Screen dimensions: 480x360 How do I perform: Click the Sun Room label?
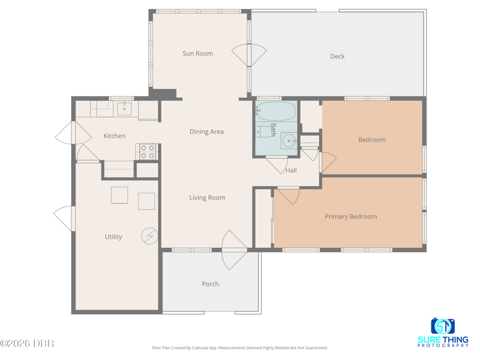(x=197, y=53)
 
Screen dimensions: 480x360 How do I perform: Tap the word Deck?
(x=337, y=56)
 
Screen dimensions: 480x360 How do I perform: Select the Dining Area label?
(x=206, y=131)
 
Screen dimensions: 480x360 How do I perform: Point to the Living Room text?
(x=207, y=198)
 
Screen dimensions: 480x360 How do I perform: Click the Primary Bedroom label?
(x=351, y=217)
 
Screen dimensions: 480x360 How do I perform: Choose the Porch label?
(x=211, y=284)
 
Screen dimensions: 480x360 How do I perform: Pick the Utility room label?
(x=113, y=236)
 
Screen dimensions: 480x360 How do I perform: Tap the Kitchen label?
(x=115, y=136)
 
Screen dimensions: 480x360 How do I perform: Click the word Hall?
(x=291, y=170)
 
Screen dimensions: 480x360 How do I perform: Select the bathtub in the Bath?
(x=276, y=111)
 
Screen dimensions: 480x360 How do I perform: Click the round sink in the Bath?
(x=289, y=141)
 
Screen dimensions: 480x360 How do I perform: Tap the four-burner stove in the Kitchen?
(x=148, y=152)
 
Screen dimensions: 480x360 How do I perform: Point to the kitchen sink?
(x=125, y=109)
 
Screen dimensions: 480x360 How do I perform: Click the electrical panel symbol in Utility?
(x=149, y=236)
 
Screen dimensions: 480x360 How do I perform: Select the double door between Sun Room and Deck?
(x=249, y=55)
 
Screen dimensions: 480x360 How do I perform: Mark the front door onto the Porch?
(x=234, y=250)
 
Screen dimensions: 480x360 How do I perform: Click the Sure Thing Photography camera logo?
(x=443, y=326)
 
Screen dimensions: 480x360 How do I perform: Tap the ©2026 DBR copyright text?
(x=27, y=343)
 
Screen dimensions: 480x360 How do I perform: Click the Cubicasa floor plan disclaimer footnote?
(x=239, y=348)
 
